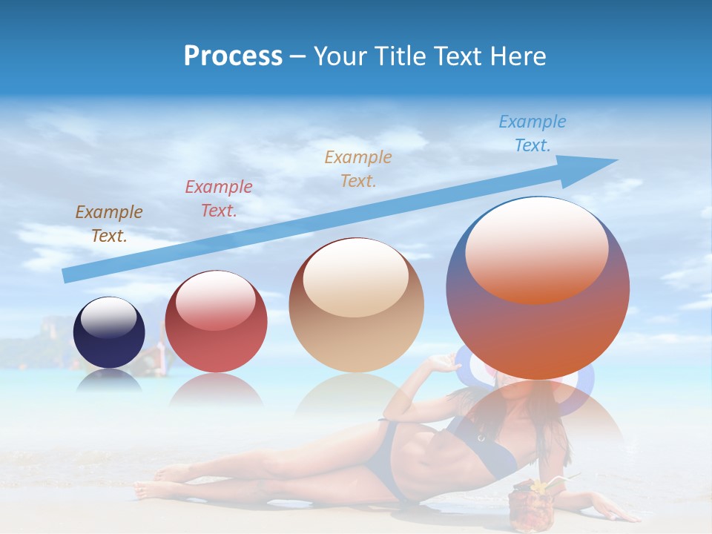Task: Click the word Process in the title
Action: [233, 56]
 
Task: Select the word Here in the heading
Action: [518, 56]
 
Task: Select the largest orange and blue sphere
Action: [538, 326]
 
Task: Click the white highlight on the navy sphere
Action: [108, 318]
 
